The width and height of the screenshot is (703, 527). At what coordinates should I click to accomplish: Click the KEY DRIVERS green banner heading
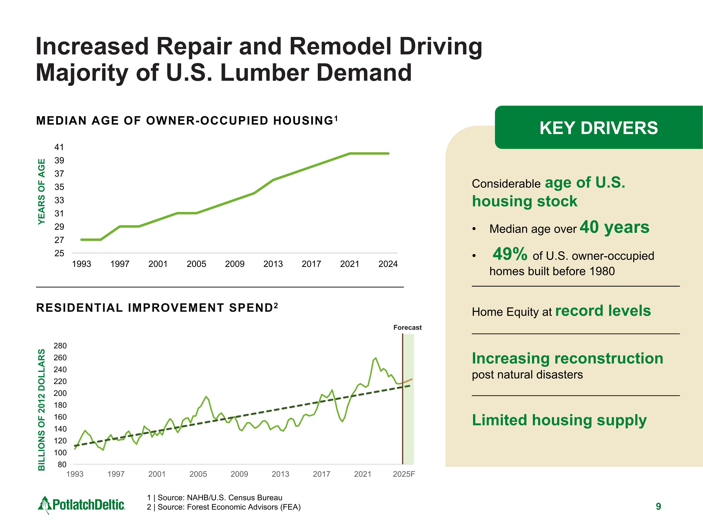click(598, 128)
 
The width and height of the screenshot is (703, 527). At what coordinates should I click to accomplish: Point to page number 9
click(658, 506)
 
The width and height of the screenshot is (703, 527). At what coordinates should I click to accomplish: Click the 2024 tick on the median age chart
click(388, 264)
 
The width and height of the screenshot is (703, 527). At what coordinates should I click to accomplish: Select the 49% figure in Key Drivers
click(510, 254)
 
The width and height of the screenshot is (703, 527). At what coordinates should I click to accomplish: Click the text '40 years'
click(614, 227)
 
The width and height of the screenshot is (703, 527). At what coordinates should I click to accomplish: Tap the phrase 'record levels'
click(603, 311)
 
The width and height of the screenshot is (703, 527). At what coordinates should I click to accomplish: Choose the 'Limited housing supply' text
click(559, 420)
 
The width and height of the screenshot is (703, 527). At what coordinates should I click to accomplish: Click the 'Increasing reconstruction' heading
click(567, 358)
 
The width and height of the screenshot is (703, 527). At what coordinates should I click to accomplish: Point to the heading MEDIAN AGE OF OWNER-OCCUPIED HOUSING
click(187, 121)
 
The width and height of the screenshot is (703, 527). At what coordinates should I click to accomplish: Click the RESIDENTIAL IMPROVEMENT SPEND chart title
click(157, 308)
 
